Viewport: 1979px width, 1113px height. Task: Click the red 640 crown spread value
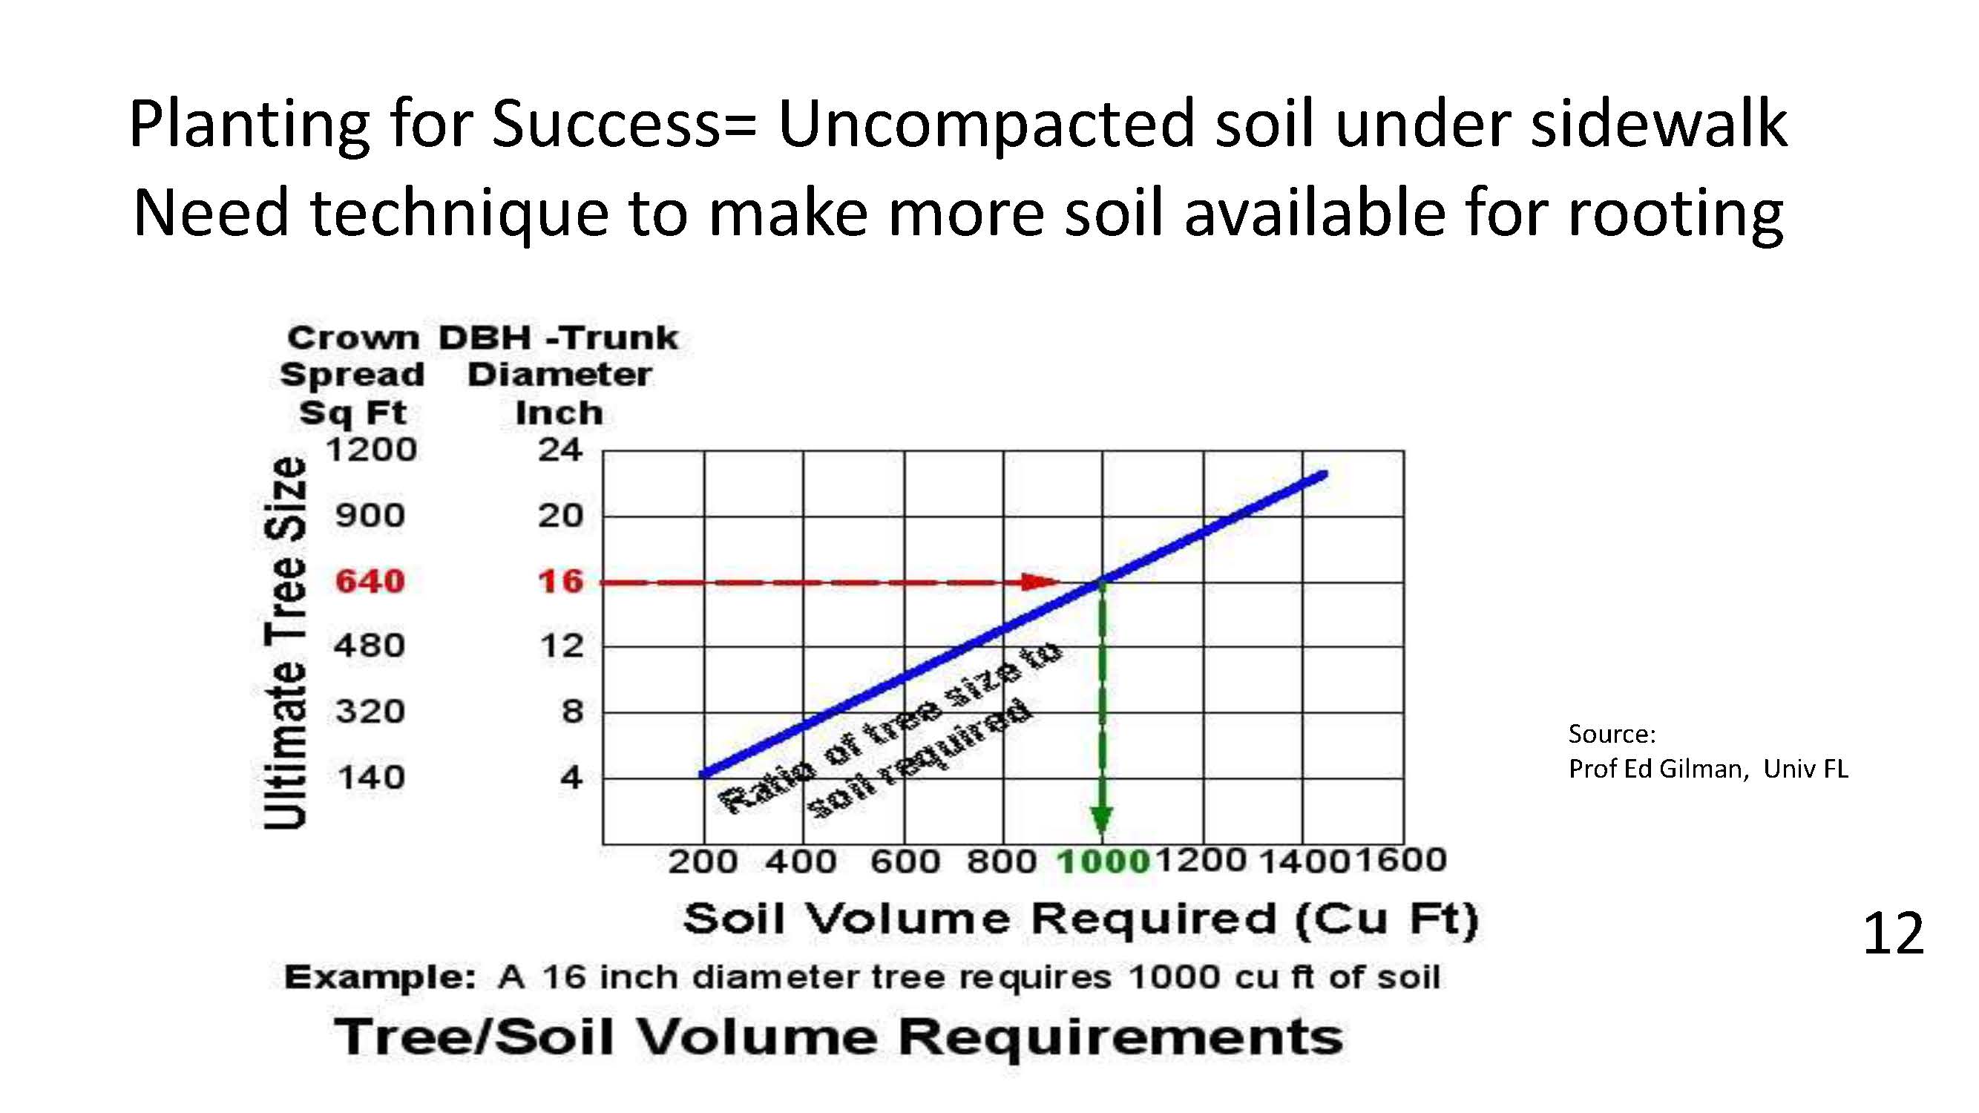coord(370,582)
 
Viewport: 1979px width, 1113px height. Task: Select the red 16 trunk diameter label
coord(561,582)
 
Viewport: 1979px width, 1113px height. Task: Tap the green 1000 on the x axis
coord(1103,861)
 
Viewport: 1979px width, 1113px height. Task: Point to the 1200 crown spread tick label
coord(371,450)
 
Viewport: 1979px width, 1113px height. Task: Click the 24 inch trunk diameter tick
coord(560,450)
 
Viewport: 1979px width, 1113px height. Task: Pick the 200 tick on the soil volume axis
coord(703,861)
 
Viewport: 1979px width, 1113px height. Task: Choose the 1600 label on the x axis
coord(1399,859)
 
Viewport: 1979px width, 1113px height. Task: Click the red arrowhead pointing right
coord(1041,582)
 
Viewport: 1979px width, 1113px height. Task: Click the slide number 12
coord(1893,934)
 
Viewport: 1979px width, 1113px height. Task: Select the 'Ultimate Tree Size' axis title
coord(285,643)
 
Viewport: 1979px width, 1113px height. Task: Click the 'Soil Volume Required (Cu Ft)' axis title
coord(1081,919)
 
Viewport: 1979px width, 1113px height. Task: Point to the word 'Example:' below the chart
coord(380,978)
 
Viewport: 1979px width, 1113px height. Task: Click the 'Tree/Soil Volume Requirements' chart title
coord(839,1037)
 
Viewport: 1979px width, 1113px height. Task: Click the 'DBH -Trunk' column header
coord(559,338)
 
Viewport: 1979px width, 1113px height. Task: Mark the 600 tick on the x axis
coord(905,861)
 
